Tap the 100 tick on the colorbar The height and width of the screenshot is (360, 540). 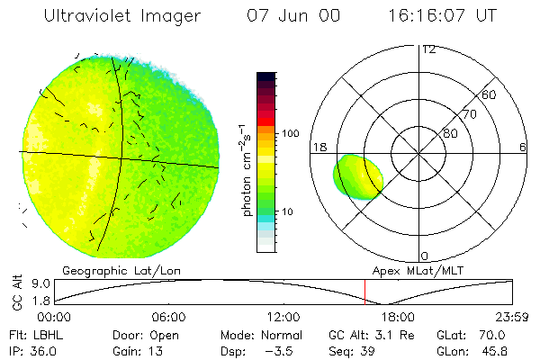point(291,133)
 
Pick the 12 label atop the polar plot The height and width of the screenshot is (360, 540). point(428,49)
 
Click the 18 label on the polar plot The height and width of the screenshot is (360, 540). point(319,147)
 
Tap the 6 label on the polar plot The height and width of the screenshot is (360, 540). point(523,147)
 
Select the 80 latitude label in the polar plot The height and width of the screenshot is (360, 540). point(450,133)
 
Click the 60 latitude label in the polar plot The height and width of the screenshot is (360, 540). point(490,94)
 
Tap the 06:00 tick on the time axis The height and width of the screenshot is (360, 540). point(168,318)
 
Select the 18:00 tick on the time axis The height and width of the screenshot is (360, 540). point(398,318)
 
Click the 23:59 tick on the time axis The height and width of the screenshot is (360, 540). point(513,318)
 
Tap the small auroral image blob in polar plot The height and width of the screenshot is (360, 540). point(358,177)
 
